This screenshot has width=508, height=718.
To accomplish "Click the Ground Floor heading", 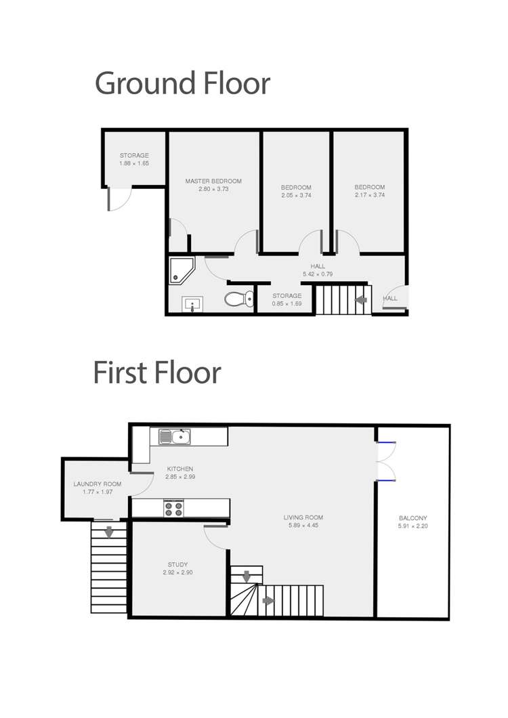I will point(182,83).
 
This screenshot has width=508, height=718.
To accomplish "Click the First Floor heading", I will point(157,373).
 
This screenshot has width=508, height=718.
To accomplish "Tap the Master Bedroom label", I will point(213,182).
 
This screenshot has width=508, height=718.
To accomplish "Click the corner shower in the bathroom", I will point(181,269).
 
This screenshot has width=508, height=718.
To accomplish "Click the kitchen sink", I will point(175,437).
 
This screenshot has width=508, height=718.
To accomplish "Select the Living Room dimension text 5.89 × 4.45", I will point(303,526).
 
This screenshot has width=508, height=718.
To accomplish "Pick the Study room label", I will point(177,564).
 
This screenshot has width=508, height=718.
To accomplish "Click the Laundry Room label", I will point(98,484).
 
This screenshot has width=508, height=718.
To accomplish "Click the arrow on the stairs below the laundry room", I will point(108,532).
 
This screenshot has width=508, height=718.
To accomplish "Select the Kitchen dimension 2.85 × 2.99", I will point(179,477).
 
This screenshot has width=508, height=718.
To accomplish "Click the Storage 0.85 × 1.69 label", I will point(287,303).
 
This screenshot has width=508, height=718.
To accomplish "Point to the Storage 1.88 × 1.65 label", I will point(134,163).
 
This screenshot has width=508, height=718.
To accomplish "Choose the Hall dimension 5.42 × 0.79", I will point(318,274).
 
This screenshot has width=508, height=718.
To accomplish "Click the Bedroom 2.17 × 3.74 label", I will point(369,195).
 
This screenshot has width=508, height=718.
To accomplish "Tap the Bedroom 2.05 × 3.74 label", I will point(296,195).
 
